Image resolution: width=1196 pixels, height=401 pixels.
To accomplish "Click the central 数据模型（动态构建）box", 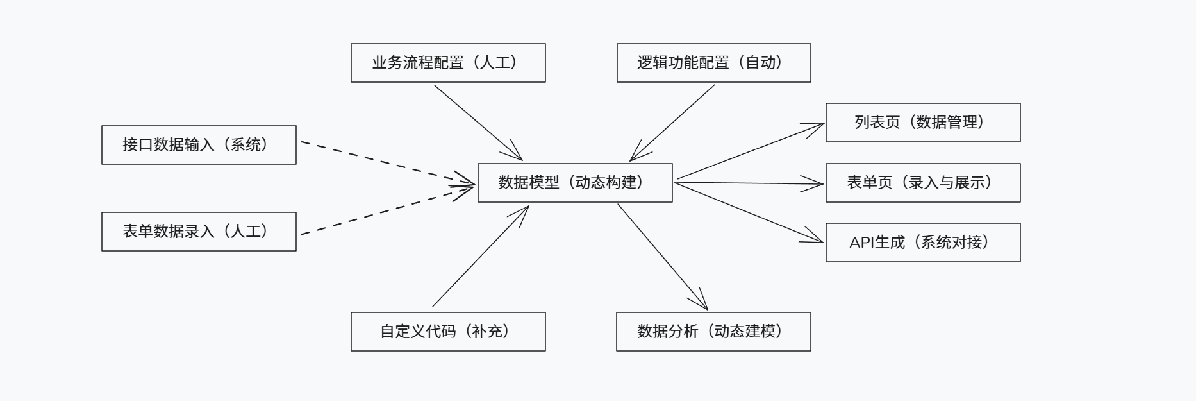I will [x=575, y=183].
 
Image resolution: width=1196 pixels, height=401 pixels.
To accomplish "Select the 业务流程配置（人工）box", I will [x=448, y=63].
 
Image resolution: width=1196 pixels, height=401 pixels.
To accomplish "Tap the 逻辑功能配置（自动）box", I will [x=713, y=63].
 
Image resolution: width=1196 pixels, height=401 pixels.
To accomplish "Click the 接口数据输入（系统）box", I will [x=199, y=145].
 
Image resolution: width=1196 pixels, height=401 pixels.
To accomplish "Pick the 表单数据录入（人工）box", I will [x=199, y=232].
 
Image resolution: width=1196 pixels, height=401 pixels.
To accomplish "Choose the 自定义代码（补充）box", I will [x=448, y=332].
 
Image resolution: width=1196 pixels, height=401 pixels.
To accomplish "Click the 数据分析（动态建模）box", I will [x=713, y=332].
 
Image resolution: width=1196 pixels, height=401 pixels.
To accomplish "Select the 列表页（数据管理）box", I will [x=923, y=123].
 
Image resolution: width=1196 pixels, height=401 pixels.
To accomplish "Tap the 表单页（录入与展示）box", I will [x=923, y=183].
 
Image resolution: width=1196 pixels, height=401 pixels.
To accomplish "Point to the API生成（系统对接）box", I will [x=923, y=243].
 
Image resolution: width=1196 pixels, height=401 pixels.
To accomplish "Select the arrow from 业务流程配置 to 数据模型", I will [x=478, y=122].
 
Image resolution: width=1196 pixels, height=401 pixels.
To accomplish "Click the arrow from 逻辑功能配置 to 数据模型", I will [x=673, y=122].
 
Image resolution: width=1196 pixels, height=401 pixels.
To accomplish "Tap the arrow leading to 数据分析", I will [x=662, y=257].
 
